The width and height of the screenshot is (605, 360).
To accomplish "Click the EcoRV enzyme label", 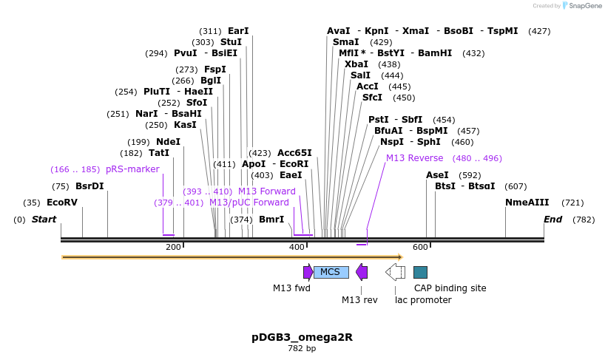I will [61, 203].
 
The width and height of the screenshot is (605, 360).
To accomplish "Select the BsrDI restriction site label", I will [89, 186].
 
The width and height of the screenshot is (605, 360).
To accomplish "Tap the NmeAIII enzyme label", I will [527, 203].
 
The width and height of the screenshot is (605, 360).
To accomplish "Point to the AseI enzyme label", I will [437, 175].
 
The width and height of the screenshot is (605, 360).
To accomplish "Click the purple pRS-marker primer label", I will [132, 169].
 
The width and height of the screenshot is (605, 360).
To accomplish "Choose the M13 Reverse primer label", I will [414, 158].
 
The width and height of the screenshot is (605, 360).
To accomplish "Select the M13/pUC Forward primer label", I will [249, 203].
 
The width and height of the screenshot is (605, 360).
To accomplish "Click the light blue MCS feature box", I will [331, 272].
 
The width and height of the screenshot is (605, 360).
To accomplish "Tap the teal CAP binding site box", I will [420, 272].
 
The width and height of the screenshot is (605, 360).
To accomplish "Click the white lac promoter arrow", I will [395, 272].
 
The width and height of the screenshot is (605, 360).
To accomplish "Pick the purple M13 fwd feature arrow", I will [308, 272].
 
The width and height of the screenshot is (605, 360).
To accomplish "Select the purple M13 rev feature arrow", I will [362, 272].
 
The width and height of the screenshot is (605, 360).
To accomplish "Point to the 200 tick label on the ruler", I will [174, 247].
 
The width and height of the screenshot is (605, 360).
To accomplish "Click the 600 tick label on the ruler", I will [420, 247].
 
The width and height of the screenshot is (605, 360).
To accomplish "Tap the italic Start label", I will [44, 220].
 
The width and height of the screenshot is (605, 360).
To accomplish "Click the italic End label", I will [552, 220].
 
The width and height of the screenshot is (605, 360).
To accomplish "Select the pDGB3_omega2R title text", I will [302, 337].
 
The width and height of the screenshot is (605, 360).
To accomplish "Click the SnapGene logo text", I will [584, 6].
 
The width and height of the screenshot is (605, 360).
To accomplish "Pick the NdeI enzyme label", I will [168, 142].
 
